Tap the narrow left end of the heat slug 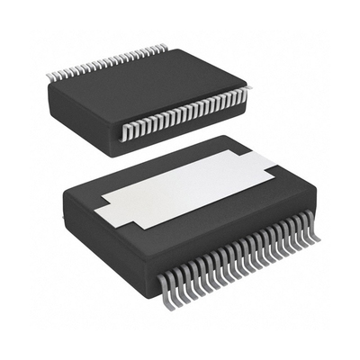pos(106,209)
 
